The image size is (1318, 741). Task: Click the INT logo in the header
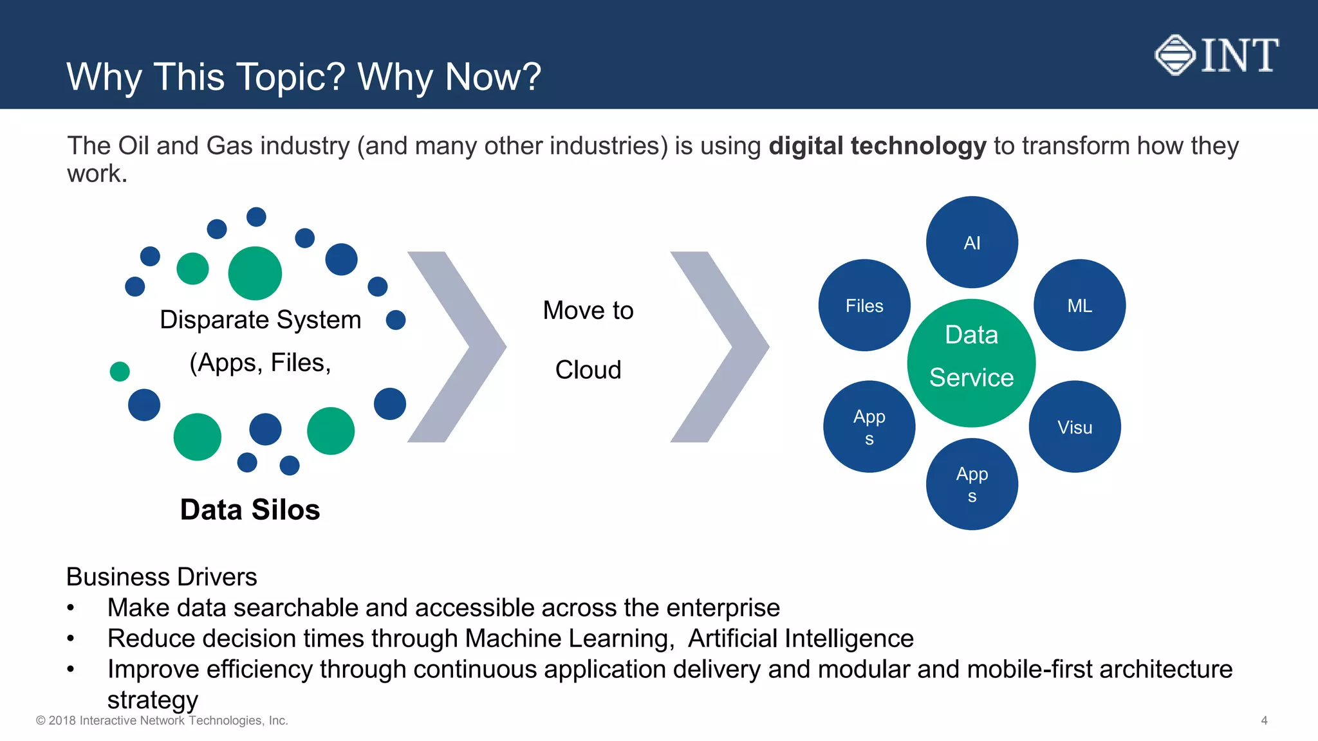point(1216,55)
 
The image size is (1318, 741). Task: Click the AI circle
point(972,242)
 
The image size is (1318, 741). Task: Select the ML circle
point(1079,306)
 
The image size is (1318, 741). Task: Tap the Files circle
point(864,306)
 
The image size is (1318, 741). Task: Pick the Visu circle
point(1075,427)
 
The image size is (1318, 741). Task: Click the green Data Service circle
point(971,363)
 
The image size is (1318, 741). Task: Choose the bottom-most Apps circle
point(972,484)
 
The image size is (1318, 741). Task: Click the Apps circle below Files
point(869,427)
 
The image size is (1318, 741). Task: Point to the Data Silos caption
point(250,509)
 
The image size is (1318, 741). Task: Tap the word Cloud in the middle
point(588,370)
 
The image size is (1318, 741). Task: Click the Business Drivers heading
point(162,577)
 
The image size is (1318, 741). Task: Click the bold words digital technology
point(877,146)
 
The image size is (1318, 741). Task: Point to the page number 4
point(1264,720)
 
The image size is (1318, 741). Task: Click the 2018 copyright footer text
point(162,720)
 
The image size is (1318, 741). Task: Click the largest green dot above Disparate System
point(255,273)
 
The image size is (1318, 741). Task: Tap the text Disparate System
point(260,320)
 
